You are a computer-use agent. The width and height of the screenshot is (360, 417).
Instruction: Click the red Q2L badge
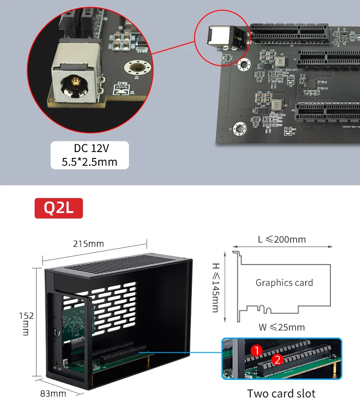pyautogui.click(x=59, y=208)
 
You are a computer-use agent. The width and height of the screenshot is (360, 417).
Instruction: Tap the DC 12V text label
pyautogui.click(x=91, y=148)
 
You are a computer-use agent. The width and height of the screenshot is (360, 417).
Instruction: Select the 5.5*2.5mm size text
pyautogui.click(x=89, y=161)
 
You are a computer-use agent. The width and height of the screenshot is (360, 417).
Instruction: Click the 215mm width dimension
pyautogui.click(x=88, y=244)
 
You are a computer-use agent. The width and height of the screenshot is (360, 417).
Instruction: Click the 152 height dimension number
pyautogui.click(x=26, y=315)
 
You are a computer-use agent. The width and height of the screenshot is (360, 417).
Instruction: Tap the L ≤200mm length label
pyautogui.click(x=282, y=239)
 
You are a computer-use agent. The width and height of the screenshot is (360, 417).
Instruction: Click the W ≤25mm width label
pyautogui.click(x=281, y=327)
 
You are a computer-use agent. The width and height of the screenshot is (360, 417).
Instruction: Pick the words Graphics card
pyautogui.click(x=284, y=283)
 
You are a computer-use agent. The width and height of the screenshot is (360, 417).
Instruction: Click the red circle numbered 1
pyautogui.click(x=257, y=351)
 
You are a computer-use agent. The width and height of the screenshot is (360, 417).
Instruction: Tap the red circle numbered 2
pyautogui.click(x=276, y=360)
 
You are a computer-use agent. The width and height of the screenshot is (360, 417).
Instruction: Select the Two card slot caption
pyautogui.click(x=281, y=393)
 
